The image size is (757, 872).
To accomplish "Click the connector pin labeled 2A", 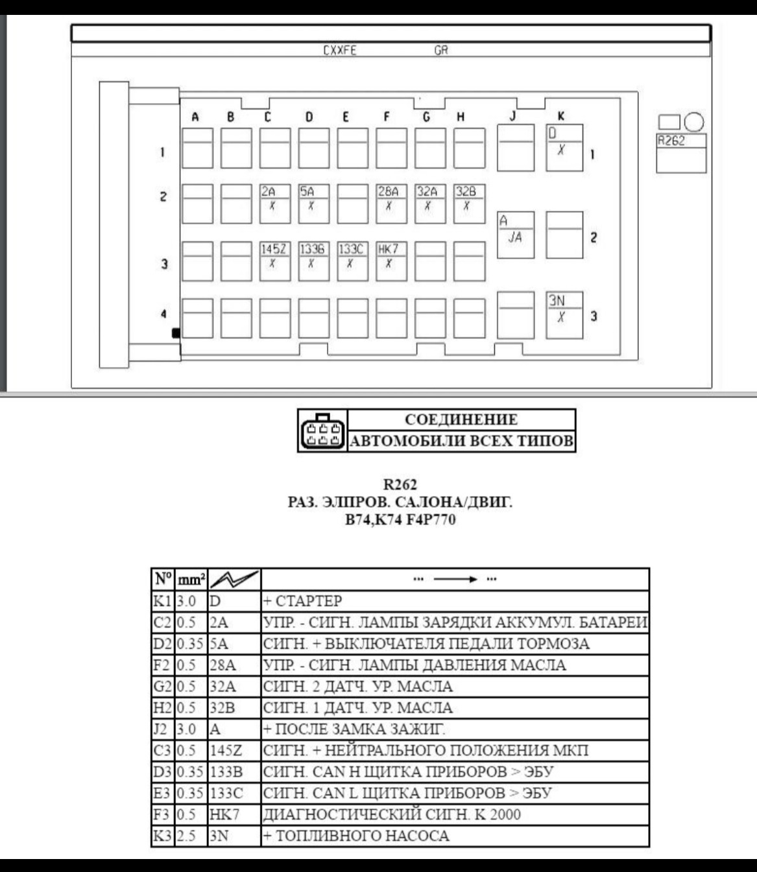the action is (275, 204).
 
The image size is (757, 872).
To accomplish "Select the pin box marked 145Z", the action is (275, 261).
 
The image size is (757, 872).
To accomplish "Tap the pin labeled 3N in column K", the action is (564, 315).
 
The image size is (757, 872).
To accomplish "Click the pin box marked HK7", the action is (391, 261).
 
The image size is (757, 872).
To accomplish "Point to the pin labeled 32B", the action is (469, 204).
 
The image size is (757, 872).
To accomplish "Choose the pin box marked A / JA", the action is (516, 235).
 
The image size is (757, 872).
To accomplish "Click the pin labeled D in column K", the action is (564, 147).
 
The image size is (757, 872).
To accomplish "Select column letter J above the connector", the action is (513, 116).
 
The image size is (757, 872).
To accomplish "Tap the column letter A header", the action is (195, 117).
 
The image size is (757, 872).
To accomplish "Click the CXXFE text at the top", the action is (339, 51).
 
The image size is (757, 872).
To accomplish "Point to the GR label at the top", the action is (441, 51).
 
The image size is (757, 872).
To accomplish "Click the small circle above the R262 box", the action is (694, 123).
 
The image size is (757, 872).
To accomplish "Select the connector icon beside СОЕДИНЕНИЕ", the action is (322, 430).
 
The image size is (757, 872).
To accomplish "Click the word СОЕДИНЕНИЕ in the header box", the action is (461, 419).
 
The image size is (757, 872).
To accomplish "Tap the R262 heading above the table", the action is (400, 484).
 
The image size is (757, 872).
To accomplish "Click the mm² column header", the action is (191, 580).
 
